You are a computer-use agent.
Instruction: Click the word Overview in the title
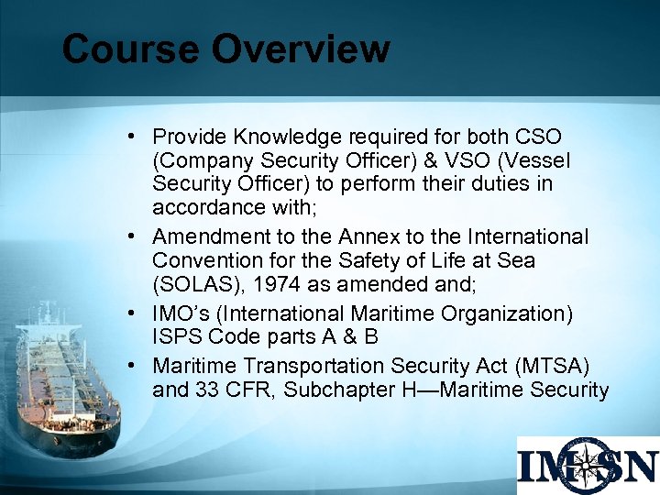coord(302,49)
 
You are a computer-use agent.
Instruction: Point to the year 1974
coord(272,285)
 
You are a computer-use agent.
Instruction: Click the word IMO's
coord(179,314)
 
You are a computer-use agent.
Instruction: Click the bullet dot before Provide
coord(134,137)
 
